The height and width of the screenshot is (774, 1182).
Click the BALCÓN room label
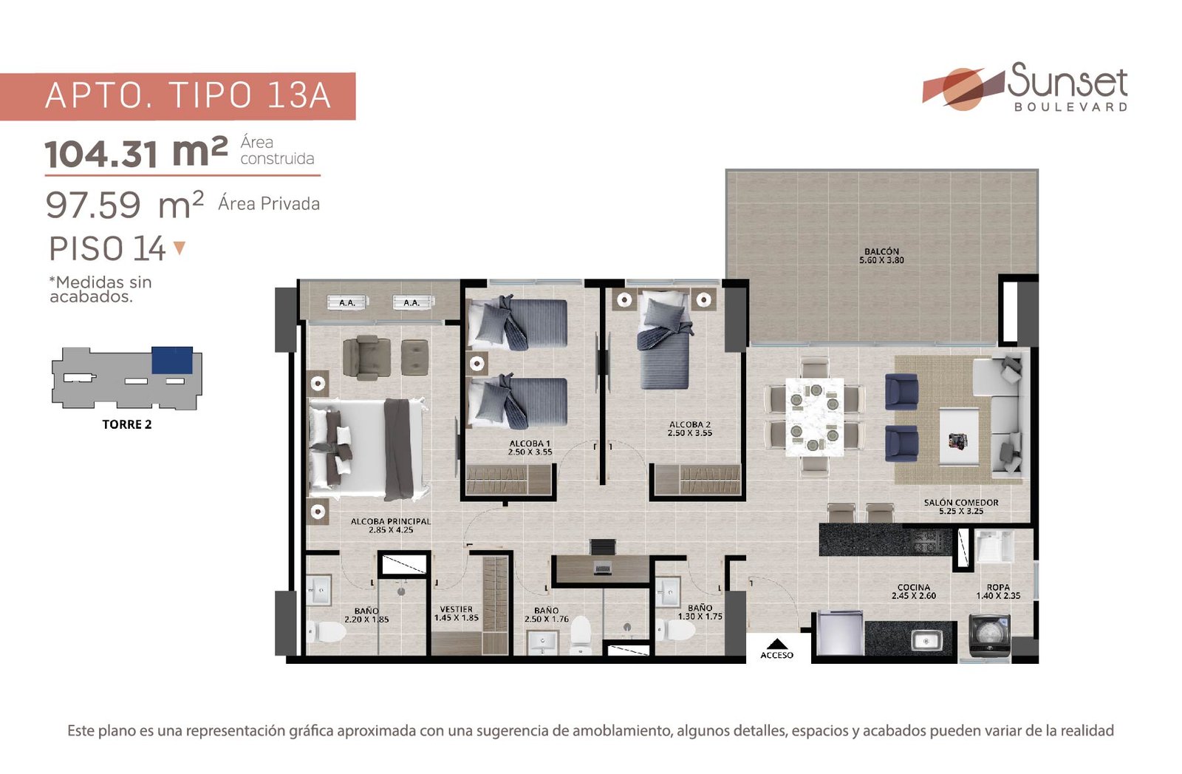tap(881, 252)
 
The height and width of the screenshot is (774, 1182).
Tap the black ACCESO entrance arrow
tap(776, 644)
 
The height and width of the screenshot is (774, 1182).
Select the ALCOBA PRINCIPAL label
tap(391, 522)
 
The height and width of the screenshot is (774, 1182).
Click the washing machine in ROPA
tap(990, 635)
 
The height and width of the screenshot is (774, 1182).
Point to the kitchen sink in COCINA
tap(926, 641)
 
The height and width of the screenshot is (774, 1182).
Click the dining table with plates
tap(814, 416)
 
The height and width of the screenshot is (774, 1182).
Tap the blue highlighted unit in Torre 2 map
tap(172, 360)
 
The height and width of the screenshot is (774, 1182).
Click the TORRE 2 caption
tap(126, 424)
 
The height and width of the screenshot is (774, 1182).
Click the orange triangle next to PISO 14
tap(180, 248)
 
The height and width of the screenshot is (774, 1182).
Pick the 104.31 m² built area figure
tap(136, 152)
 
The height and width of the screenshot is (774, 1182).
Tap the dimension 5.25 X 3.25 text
tap(961, 511)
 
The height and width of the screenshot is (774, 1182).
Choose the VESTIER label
tap(456, 608)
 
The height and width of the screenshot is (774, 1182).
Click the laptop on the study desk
tap(602, 568)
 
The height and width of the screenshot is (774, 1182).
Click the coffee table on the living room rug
tap(960, 437)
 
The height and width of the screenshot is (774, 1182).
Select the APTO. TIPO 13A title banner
tap(178, 96)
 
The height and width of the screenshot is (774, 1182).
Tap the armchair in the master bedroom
tap(367, 358)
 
